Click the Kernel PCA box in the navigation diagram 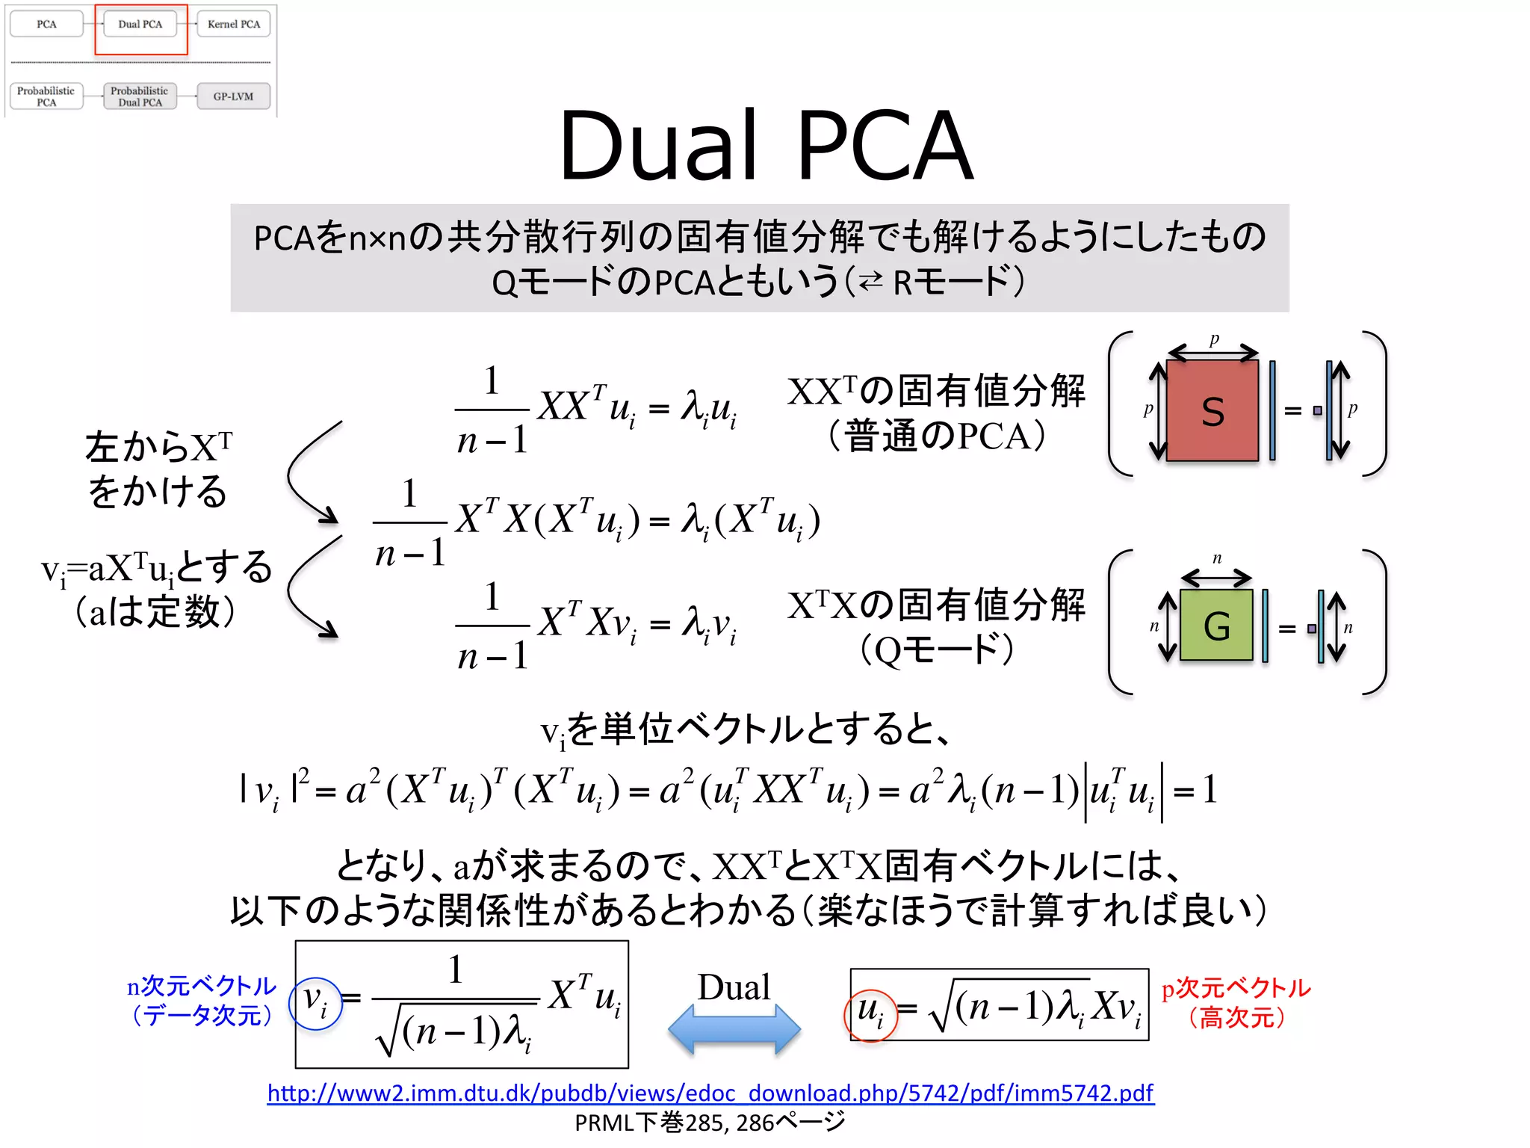[234, 24]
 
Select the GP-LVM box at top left [233, 96]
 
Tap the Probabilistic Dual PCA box [140, 96]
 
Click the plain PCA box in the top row [46, 24]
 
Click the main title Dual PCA [766, 145]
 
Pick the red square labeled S [1212, 410]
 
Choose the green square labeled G [1216, 626]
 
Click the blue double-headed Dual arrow [734, 1029]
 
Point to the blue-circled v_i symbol [315, 1003]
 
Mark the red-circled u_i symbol [870, 1013]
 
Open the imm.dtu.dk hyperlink [710, 1093]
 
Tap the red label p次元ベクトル [1236, 988]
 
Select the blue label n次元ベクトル [202, 987]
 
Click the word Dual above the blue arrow [734, 987]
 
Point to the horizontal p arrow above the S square [1213, 352]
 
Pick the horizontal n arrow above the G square [1216, 577]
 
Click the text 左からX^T [158, 447]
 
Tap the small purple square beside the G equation [1312, 629]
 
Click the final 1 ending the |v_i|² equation [1210, 790]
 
